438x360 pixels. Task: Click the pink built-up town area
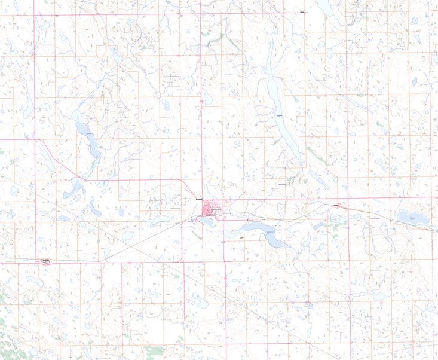pyautogui.click(x=210, y=210)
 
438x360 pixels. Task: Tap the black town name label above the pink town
pyautogui.click(x=200, y=199)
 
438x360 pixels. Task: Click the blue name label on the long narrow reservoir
pyautogui.click(x=279, y=113)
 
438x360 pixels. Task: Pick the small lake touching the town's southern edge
pyautogui.click(x=209, y=221)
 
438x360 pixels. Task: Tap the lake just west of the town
pyautogui.click(x=163, y=219)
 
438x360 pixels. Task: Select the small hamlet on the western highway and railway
pyautogui.click(x=45, y=260)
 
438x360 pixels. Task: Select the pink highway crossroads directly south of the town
pyautogui.click(x=223, y=261)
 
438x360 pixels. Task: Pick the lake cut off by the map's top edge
pyautogui.click(x=326, y=7)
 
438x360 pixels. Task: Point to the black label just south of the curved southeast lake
pyautogui.click(x=242, y=238)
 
